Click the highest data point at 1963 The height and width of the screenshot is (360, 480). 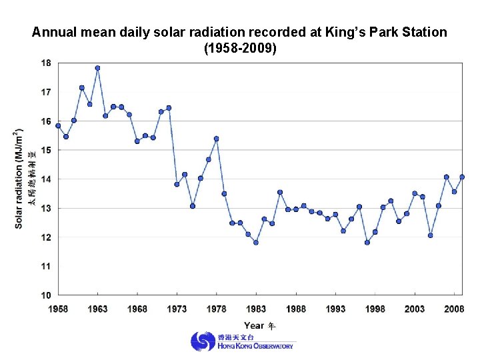click(97, 68)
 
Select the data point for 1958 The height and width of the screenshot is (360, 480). click(58, 125)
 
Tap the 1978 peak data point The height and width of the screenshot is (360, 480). click(217, 139)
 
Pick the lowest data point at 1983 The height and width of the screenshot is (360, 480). click(256, 243)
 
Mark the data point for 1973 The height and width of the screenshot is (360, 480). click(177, 184)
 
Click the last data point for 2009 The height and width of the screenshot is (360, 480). click(462, 177)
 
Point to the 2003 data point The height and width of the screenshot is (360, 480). click(415, 193)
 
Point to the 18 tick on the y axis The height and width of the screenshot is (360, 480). click(45, 63)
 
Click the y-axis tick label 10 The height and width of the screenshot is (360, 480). click(45, 295)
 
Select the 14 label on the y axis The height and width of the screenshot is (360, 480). click(45, 179)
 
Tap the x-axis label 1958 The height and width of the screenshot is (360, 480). click(58, 309)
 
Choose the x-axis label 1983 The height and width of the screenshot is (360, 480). click(256, 309)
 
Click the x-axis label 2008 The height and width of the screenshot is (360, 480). click(454, 309)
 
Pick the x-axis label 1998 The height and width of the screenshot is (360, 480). click(375, 309)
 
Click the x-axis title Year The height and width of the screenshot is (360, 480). click(255, 325)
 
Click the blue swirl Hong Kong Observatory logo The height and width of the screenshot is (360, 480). click(203, 342)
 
